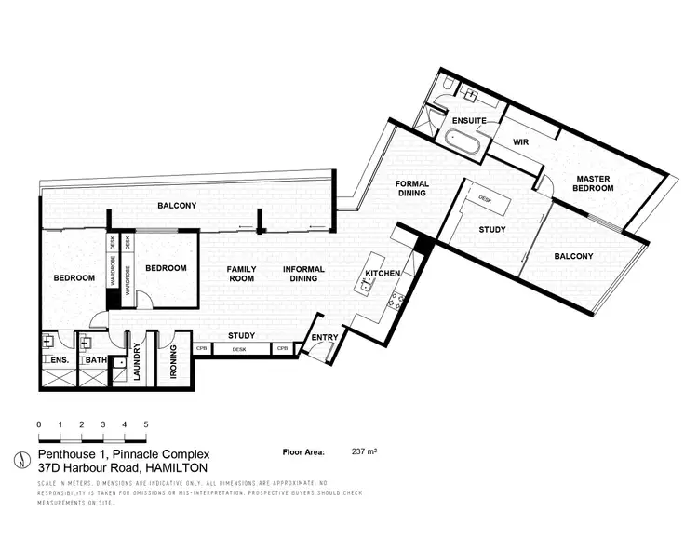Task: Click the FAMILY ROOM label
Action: (242, 274)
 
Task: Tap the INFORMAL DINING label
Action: (303, 274)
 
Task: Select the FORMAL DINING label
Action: (410, 188)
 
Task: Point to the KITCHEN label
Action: (382, 274)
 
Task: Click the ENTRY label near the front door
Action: (325, 337)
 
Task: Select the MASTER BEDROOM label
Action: (594, 182)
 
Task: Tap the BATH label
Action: (95, 359)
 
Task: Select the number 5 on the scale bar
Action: (146, 424)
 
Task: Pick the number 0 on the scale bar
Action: (39, 424)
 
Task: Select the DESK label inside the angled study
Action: (485, 198)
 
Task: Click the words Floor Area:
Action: (303, 451)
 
